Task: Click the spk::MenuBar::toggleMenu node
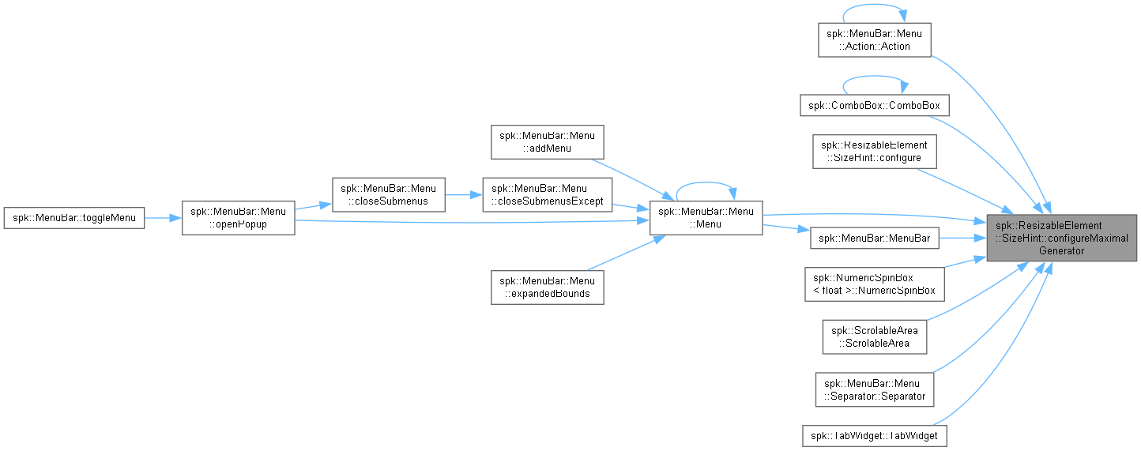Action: click(73, 218)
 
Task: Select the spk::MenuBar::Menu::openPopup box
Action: click(239, 218)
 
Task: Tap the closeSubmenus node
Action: click(389, 195)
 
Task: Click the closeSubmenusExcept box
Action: click(548, 195)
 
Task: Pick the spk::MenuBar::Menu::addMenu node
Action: click(548, 142)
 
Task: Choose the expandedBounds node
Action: click(548, 288)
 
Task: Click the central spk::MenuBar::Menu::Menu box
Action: click(706, 218)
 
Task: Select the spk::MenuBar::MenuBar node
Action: click(875, 239)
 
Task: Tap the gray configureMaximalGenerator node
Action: click(1062, 239)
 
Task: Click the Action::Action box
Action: click(875, 40)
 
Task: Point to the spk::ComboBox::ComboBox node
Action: click(875, 105)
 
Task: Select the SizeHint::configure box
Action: click(875, 152)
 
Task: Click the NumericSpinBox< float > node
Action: click(875, 284)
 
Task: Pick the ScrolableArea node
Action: click(875, 337)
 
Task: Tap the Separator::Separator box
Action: click(875, 390)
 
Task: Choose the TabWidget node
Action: click(875, 436)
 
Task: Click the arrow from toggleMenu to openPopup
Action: click(163, 218)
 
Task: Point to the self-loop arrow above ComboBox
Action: click(875, 77)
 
